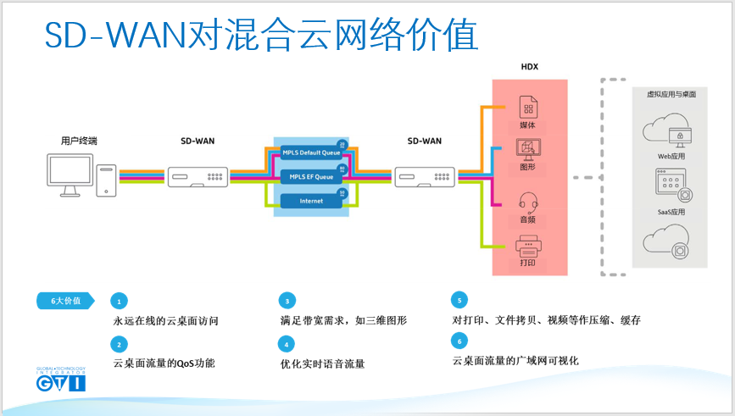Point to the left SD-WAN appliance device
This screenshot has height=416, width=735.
click(198, 177)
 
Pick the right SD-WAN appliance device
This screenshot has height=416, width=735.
click(424, 177)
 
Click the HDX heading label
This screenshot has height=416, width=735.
click(529, 67)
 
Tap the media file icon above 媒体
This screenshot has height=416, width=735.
click(528, 108)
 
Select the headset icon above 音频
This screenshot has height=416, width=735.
click(528, 204)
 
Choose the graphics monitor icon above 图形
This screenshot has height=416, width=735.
click(528, 149)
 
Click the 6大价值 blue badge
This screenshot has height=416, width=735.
click(64, 301)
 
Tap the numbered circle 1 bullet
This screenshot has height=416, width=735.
click(120, 302)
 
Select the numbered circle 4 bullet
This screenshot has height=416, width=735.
click(287, 344)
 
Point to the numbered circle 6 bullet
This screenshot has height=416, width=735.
click(459, 341)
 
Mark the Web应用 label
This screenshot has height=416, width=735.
click(671, 157)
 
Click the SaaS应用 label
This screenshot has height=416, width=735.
click(671, 212)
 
